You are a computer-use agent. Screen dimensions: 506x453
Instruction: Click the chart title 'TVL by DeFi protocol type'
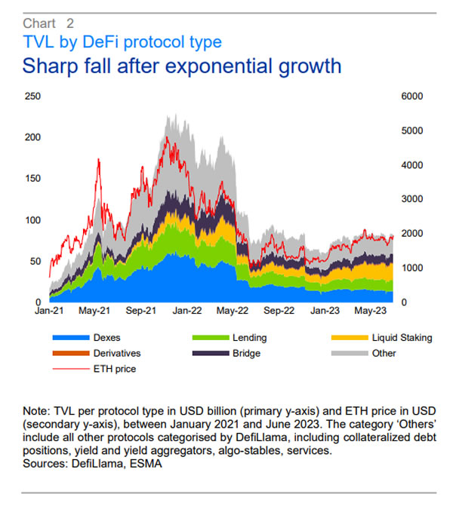point(122,41)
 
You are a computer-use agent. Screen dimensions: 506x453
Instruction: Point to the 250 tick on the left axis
point(32,97)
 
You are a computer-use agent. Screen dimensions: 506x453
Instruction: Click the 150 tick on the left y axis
point(32,179)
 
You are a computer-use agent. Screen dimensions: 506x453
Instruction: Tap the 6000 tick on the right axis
point(411,97)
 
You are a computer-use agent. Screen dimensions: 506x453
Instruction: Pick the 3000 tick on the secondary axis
point(411,199)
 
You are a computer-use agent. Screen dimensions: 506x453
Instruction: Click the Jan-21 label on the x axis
point(48,310)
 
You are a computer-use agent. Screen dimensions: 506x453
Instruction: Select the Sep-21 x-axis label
point(140,310)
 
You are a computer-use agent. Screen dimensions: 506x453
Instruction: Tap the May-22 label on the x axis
point(233,310)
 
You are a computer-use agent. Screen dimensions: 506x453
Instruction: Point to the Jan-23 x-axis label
point(325,310)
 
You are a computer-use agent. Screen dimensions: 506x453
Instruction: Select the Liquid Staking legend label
point(402,339)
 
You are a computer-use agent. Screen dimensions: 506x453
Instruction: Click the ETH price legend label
point(114,369)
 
